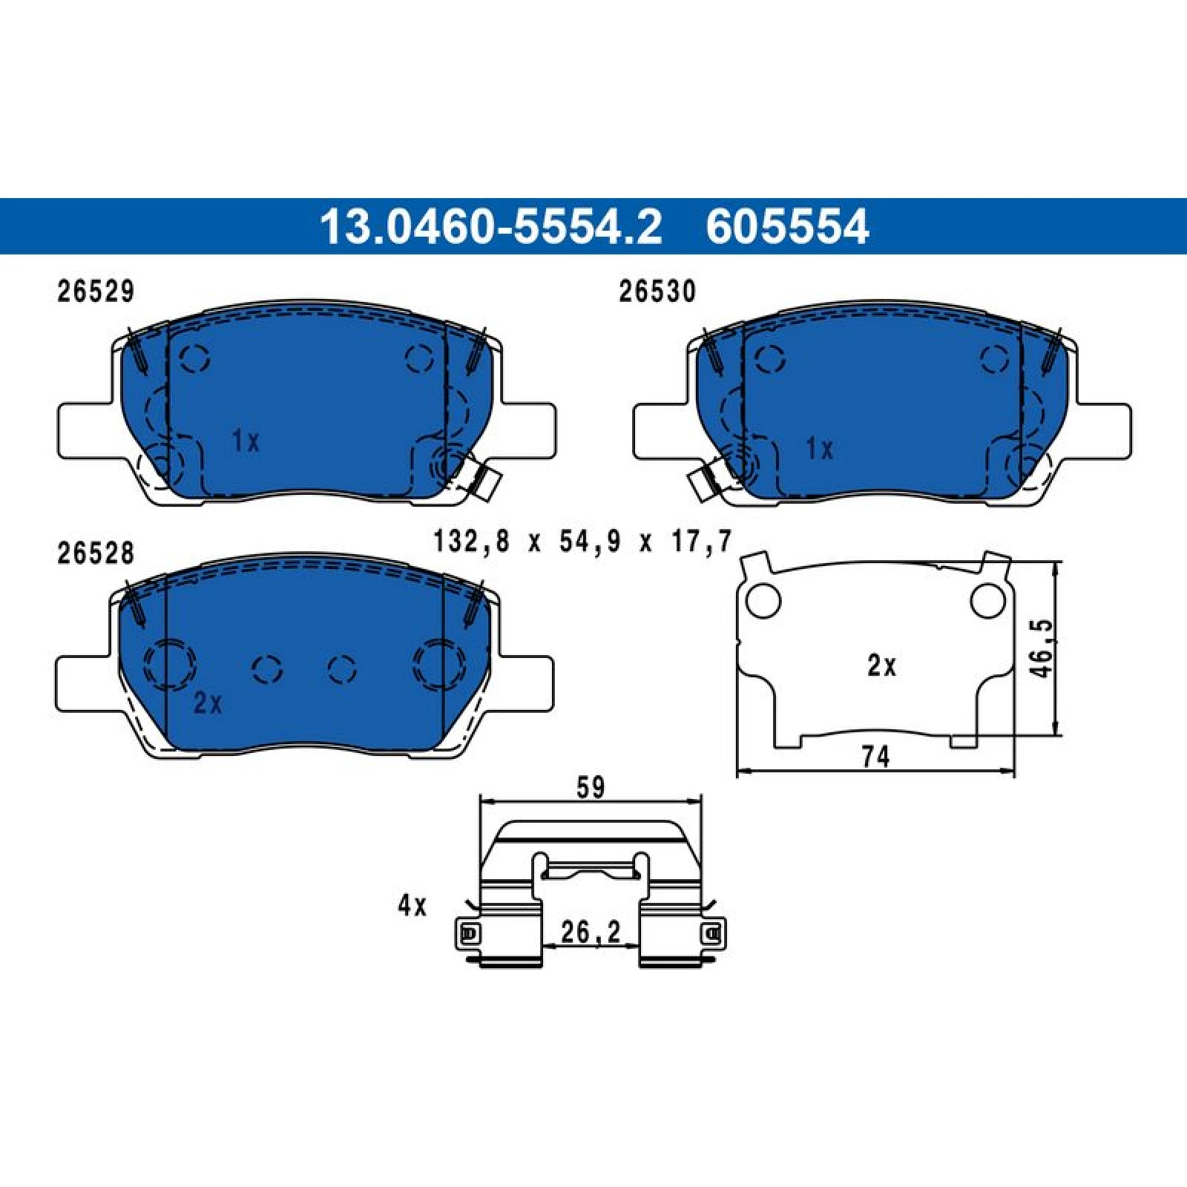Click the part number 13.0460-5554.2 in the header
click(x=490, y=226)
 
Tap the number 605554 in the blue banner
click(x=787, y=226)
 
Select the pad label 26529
click(x=96, y=292)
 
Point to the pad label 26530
click(x=657, y=292)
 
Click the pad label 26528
click(x=96, y=553)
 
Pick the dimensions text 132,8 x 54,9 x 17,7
click(x=582, y=541)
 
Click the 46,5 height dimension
click(x=1042, y=648)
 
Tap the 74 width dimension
click(x=875, y=757)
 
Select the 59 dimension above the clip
click(x=591, y=787)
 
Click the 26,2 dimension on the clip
click(x=591, y=932)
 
